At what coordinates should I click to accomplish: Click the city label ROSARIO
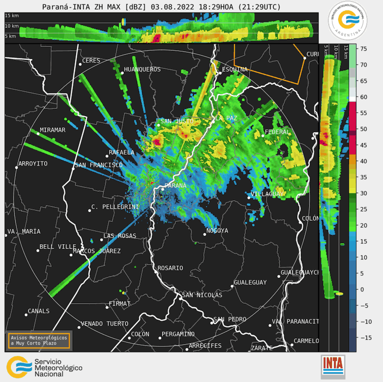click(x=170, y=268)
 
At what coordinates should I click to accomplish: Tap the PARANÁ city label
click(x=175, y=185)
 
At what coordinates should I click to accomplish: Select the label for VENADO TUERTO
click(x=104, y=324)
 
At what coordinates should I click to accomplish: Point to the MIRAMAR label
click(x=52, y=130)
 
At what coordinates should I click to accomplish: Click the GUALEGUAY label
click(x=250, y=282)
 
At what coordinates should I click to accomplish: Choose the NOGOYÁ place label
click(x=217, y=231)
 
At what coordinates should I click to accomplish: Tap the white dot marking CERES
click(x=80, y=64)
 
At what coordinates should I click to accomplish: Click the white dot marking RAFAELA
click(x=107, y=156)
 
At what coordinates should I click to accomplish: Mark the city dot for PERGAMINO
click(x=160, y=338)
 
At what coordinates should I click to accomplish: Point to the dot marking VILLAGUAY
click(x=249, y=198)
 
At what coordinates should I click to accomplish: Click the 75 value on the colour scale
click(x=364, y=49)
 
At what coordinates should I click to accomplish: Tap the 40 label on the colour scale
click(x=364, y=161)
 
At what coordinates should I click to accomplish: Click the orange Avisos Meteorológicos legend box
click(x=39, y=340)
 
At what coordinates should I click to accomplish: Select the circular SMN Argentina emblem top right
click(x=348, y=20)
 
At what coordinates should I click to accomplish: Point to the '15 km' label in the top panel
click(x=12, y=16)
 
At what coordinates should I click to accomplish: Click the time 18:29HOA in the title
click(x=216, y=7)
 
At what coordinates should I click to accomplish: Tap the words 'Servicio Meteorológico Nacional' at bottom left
click(x=58, y=368)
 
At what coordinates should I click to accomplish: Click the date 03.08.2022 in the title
click(x=172, y=7)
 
